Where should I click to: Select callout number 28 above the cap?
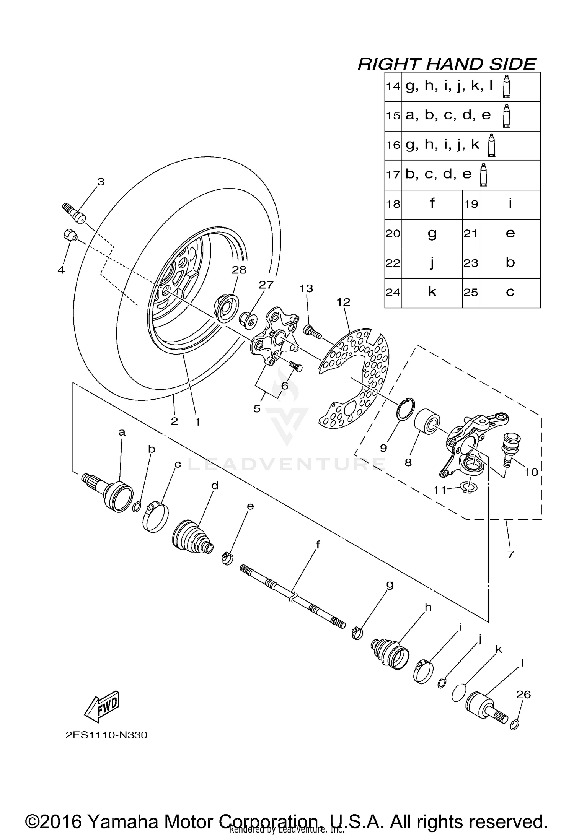pyautogui.click(x=239, y=270)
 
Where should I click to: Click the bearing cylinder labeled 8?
pyautogui.click(x=427, y=420)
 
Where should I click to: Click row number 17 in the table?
pyautogui.click(x=393, y=175)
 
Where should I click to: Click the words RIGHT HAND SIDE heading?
pyautogui.click(x=447, y=64)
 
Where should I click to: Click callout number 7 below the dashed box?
pyautogui.click(x=510, y=554)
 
